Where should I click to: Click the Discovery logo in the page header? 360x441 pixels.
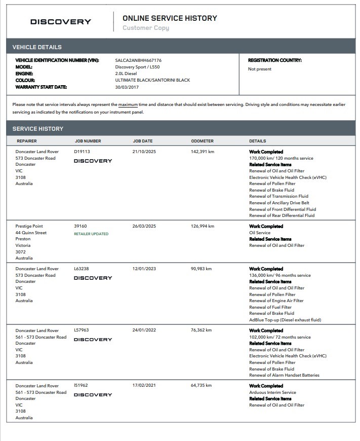(61, 22)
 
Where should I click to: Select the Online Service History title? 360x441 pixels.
(170, 18)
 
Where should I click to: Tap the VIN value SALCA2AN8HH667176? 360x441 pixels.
(138, 60)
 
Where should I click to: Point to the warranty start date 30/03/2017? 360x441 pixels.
(127, 87)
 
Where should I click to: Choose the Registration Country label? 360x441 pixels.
(274, 60)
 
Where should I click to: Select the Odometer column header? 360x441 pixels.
(202, 141)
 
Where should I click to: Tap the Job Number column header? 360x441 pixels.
(88, 141)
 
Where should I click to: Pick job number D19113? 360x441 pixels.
(82, 152)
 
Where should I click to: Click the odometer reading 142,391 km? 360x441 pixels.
(203, 152)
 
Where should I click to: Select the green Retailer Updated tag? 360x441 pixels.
(91, 234)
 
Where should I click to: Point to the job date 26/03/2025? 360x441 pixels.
(144, 226)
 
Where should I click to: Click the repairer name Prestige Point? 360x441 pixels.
(30, 226)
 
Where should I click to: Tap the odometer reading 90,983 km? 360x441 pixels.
(201, 269)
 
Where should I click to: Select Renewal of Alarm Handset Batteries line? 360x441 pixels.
(284, 375)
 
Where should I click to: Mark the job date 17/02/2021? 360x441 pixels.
(144, 386)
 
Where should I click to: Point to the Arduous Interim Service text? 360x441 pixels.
(272, 392)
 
